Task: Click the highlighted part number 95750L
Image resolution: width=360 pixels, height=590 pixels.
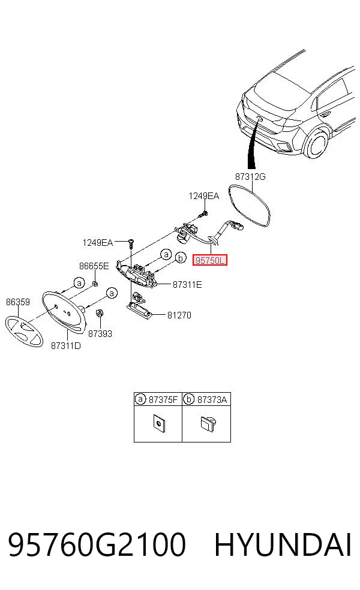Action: [210, 260]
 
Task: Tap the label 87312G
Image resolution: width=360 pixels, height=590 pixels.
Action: [250, 176]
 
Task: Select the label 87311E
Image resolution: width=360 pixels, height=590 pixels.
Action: [187, 284]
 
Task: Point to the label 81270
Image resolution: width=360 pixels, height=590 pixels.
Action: [179, 315]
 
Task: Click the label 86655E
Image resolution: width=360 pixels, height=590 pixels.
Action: [94, 266]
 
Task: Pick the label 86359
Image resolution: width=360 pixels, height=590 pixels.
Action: [17, 302]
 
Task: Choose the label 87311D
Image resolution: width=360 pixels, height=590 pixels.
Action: [66, 345]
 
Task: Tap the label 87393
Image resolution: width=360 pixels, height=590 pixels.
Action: [100, 334]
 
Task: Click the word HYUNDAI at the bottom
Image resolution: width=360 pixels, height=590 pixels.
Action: [283, 544]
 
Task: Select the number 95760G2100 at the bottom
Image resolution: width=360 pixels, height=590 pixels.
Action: [97, 544]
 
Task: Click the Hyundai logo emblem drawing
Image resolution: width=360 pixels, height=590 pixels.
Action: [24, 332]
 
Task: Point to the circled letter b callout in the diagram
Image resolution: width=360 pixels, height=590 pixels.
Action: [181, 258]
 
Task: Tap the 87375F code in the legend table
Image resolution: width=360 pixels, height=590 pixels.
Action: [163, 399]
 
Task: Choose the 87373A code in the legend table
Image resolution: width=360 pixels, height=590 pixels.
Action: [212, 399]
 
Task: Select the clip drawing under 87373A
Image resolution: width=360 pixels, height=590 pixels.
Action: [208, 424]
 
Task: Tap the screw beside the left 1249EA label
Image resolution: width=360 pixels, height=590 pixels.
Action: [130, 243]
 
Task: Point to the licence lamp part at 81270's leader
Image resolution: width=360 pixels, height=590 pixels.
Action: [139, 307]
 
